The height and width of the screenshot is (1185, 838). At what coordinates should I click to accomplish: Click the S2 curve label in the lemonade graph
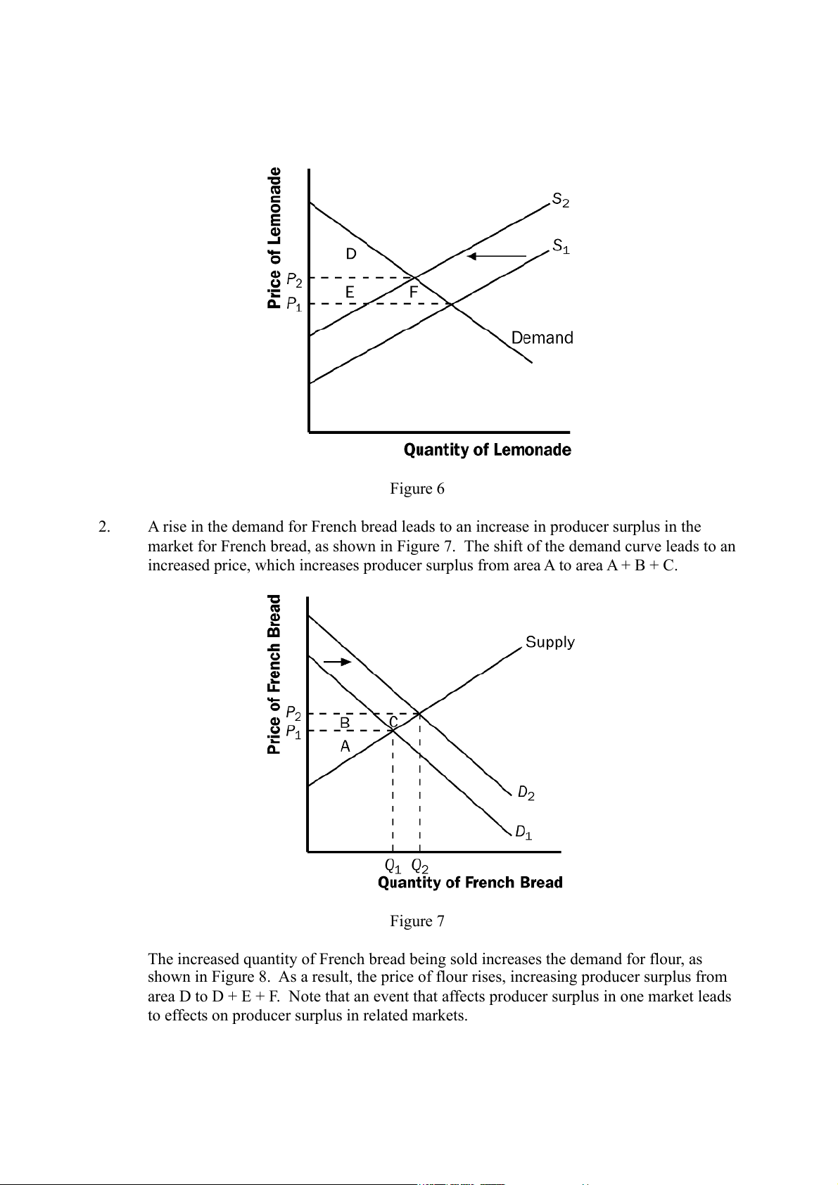561,200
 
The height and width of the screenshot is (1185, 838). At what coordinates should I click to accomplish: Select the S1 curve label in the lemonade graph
561,247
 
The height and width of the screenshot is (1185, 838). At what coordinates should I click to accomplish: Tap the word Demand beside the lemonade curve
542,338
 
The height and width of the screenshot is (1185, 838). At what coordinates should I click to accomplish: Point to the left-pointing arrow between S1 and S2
497,255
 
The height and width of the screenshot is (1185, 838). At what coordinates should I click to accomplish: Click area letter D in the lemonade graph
351,254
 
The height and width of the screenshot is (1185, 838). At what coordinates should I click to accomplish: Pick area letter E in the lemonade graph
350,292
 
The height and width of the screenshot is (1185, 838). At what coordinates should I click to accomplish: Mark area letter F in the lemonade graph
414,290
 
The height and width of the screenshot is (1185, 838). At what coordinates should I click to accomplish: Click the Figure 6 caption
417,489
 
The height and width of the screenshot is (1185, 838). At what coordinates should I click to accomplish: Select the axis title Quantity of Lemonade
487,450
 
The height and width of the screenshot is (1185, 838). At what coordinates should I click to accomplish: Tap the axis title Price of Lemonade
274,238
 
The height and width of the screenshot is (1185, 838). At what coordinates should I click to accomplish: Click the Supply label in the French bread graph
550,642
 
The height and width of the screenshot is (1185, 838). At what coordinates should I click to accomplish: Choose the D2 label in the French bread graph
526,793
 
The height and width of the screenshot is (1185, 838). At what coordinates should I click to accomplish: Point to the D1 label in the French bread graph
523,833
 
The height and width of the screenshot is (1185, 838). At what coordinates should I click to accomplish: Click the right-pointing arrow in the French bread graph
337,662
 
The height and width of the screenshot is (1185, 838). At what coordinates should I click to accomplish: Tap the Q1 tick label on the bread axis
393,865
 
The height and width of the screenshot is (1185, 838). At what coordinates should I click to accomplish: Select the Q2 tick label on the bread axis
420,865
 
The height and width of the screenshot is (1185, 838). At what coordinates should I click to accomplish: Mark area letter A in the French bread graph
345,746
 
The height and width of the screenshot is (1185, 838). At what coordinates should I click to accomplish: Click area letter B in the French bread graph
345,722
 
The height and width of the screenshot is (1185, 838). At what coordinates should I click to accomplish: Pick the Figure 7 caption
417,921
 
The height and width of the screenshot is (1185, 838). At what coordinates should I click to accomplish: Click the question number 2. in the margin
104,527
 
